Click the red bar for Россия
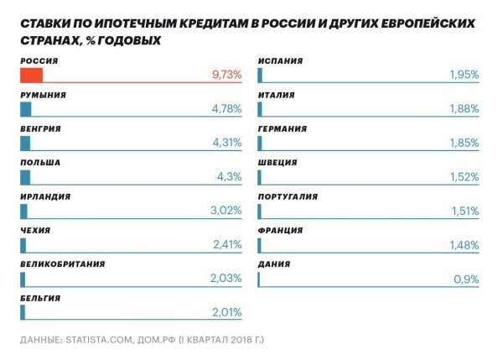[x=31, y=75]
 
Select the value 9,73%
[x=226, y=75]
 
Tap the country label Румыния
[x=43, y=96]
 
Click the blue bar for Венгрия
[x=25, y=143]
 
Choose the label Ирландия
[x=45, y=196]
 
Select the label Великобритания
[x=63, y=263]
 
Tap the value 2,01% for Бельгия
[x=226, y=312]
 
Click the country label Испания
[x=281, y=61]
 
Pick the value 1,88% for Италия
[x=464, y=109]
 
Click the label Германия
[x=283, y=129]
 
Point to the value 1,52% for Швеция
[x=464, y=177]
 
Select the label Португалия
[x=288, y=196]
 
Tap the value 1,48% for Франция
[x=464, y=244]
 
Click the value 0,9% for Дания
[x=466, y=279]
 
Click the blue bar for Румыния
[x=25, y=109]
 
